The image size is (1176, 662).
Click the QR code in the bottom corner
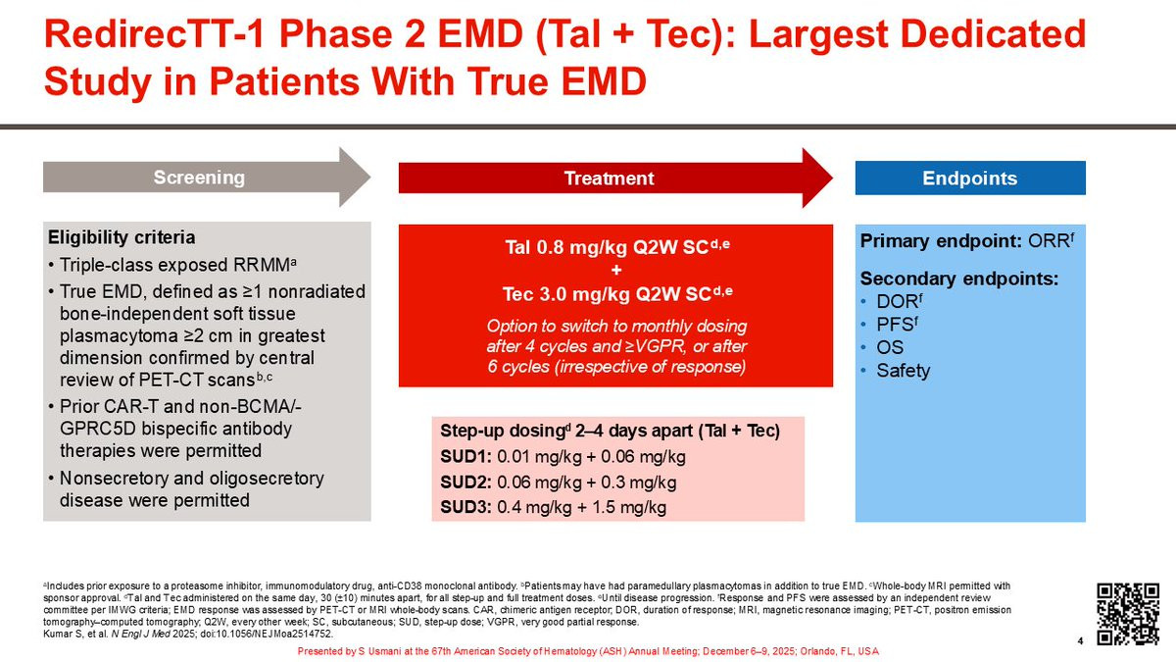coord(1128,614)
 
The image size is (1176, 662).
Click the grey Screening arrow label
coord(199,178)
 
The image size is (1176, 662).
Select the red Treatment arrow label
coord(609,178)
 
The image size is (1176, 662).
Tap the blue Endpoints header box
coord(970,178)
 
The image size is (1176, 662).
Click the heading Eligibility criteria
coord(122,237)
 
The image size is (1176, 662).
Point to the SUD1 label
coord(465,457)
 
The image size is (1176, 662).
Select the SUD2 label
coord(465,483)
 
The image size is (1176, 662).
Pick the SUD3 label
coord(465,508)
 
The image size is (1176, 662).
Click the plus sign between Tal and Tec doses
coord(616,270)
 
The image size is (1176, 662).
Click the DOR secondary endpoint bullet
coord(900,302)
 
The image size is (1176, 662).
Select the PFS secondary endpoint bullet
coord(898,325)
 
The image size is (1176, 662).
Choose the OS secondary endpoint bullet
coord(890,348)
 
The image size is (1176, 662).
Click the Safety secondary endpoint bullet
coord(903,371)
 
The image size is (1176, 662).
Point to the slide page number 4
coord(1080,641)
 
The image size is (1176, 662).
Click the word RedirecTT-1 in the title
coord(154,34)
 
